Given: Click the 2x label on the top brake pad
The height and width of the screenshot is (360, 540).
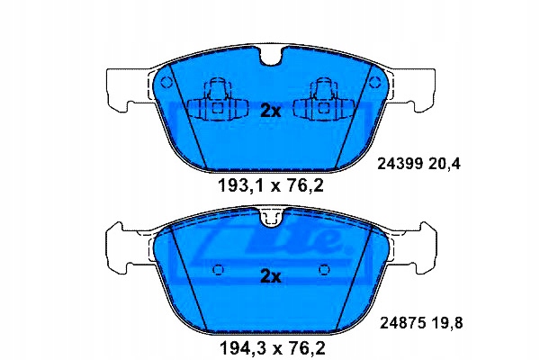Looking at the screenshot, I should (270, 110).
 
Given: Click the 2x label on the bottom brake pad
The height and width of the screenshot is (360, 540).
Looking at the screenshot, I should (270, 276).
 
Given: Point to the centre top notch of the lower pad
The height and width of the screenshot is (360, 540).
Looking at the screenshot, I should (270, 217).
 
